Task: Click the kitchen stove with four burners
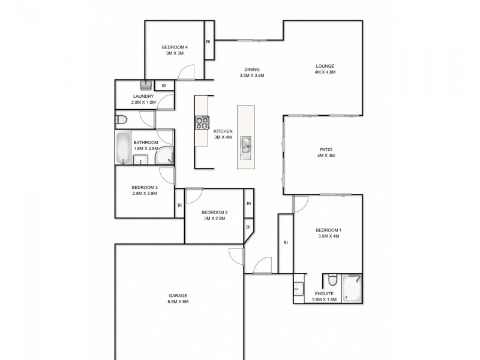point(202,122)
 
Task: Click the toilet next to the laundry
point(121,119)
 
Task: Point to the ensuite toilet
point(332,281)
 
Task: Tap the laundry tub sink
point(146,85)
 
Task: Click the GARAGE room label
point(178,296)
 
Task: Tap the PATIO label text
point(326,149)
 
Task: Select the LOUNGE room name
point(325,66)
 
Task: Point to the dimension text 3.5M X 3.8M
point(251,76)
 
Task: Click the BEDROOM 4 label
point(175,47)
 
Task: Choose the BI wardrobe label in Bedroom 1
point(286,242)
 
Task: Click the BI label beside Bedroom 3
point(179,205)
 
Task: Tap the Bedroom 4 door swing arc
point(185,73)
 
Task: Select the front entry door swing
point(262,266)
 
